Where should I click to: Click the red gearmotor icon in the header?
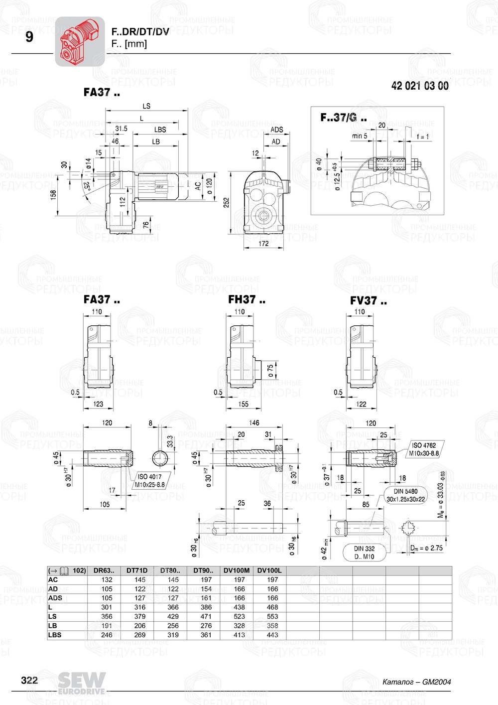[x=80, y=41]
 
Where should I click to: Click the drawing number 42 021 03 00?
[x=420, y=86]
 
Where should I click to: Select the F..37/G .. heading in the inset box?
[x=343, y=118]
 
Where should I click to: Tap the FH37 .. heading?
[x=247, y=299]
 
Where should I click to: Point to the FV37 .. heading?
[x=368, y=300]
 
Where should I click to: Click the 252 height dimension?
[x=227, y=202]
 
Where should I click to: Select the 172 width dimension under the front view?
[x=263, y=244]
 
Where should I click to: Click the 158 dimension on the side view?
[x=53, y=194]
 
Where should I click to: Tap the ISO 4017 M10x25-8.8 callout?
[x=149, y=480]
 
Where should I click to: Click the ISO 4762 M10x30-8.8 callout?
[x=424, y=449]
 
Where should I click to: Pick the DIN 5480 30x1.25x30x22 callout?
[x=406, y=495]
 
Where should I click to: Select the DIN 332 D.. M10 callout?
[x=364, y=553]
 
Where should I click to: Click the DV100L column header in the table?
[x=269, y=570]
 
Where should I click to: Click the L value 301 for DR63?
[x=107, y=607]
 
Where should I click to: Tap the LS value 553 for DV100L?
[x=272, y=616]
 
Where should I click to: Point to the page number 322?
[x=29, y=681]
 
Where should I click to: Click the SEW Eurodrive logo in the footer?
[x=82, y=683]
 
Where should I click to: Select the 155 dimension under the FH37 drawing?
[x=243, y=404]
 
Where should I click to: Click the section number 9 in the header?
[x=29, y=37]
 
